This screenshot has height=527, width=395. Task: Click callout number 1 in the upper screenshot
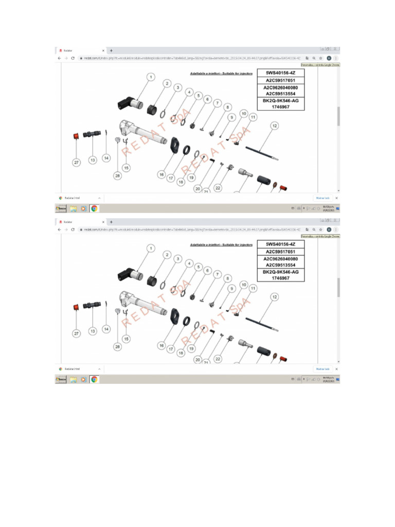pos(151,77)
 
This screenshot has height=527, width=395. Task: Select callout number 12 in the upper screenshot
pos(275,126)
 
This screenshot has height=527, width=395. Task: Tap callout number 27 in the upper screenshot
pos(76,162)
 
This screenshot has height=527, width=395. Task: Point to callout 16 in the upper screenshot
pos(161,175)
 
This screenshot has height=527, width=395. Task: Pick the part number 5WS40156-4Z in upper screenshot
pos(281,73)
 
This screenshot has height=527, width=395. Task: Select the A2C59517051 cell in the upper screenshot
pos(281,80)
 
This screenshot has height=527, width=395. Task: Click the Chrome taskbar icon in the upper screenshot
pos(94,208)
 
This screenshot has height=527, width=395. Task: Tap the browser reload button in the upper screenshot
pos(73,58)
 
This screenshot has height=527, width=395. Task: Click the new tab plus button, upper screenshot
pos(111,50)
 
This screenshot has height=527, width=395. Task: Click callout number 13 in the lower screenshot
pos(93,331)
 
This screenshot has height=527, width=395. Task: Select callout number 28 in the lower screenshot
pos(118,347)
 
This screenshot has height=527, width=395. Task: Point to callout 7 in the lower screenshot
pos(218,274)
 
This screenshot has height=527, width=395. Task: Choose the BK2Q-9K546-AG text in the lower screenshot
pos(281,272)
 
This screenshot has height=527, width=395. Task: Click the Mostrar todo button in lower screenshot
pos(322,368)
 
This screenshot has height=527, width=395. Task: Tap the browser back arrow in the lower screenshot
pos(59,229)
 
